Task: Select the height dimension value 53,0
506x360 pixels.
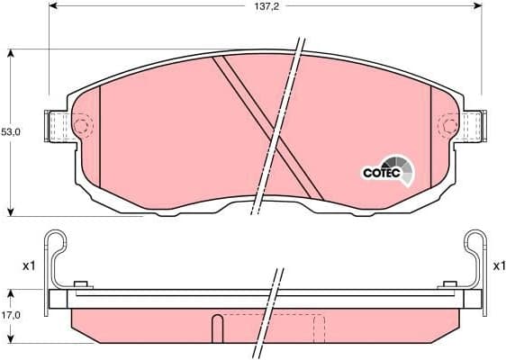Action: pyautogui.click(x=11, y=131)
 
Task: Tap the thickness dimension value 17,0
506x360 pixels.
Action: pyautogui.click(x=11, y=315)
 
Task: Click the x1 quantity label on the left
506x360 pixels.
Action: pyautogui.click(x=28, y=266)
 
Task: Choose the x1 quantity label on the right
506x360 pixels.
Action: pyautogui.click(x=500, y=266)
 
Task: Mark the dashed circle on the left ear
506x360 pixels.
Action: pyautogui.click(x=81, y=126)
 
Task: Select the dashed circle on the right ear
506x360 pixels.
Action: pyautogui.click(x=447, y=126)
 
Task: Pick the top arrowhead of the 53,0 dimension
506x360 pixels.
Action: pyautogui.click(x=11, y=52)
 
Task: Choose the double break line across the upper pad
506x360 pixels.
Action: pyautogui.click(x=279, y=126)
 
